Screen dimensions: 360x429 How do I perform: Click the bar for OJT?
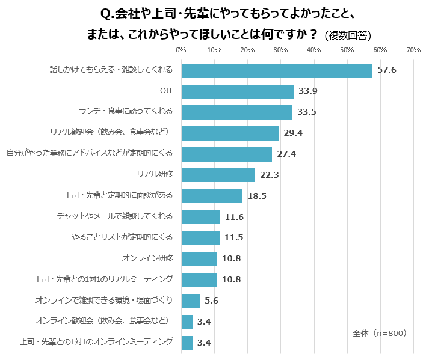237,91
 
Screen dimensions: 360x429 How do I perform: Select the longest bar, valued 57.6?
277,70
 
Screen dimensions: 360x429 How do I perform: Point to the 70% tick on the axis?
413,50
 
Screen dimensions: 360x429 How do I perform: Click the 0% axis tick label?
181,50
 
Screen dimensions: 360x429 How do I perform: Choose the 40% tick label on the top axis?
313,50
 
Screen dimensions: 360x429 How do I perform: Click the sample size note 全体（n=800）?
379,332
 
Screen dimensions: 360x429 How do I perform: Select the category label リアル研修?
155,174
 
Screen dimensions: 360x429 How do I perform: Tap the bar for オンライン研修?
199,259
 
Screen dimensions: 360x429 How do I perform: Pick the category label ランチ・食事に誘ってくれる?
126,111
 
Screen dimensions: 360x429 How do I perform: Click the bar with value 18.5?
211,196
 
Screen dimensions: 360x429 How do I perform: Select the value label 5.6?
211,301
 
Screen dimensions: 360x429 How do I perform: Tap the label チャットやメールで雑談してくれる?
115,216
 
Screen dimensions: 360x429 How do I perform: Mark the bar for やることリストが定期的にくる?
200,238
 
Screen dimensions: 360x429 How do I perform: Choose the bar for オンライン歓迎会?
187,322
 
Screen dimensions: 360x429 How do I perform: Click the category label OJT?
167,91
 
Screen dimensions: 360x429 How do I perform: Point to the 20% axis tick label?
247,50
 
